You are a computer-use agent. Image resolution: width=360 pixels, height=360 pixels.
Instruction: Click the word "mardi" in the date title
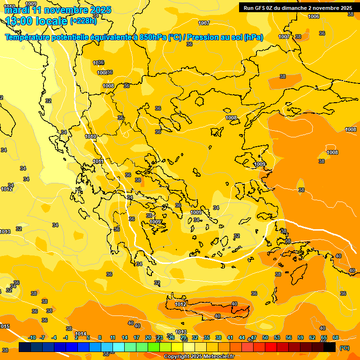point(16,10)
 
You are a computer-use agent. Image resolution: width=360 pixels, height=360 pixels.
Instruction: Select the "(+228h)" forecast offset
point(83,21)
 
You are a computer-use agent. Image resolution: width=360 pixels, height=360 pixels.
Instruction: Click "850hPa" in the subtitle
point(153,37)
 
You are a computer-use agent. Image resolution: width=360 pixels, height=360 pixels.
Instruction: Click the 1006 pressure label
point(314,17)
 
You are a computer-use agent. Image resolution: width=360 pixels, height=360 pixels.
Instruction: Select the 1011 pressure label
point(98,162)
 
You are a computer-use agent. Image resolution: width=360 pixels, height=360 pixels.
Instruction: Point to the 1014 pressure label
point(81,334)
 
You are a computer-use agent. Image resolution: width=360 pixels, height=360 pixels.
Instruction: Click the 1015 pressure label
point(4,326)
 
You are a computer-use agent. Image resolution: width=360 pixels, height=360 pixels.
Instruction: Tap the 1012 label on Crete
point(180,304)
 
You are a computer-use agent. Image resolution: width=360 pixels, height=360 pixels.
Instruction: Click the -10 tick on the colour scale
point(32,337)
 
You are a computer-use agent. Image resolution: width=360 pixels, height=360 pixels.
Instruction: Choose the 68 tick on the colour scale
point(336,337)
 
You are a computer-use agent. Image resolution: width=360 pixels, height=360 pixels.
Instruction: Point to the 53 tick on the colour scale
point(277,337)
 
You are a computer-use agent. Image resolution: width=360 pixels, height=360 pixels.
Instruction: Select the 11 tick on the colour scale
point(112,337)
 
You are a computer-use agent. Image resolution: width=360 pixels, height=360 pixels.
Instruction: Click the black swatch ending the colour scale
point(330,347)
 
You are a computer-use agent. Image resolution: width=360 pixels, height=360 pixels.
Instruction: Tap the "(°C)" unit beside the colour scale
point(344,347)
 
